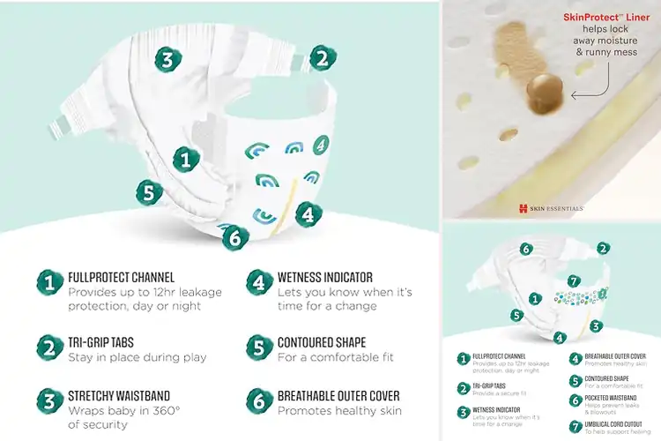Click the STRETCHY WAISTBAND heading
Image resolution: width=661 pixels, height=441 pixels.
pyautogui.click(x=119, y=395)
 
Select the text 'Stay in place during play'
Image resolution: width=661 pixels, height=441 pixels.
pyautogui.click(x=137, y=357)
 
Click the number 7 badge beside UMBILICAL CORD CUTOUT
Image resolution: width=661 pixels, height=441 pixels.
pyautogui.click(x=575, y=426)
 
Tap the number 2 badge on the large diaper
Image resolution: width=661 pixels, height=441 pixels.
pyautogui.click(x=323, y=58)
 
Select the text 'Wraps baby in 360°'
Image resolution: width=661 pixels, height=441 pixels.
pyautogui.click(x=124, y=410)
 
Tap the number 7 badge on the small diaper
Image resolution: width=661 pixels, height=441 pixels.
pyautogui.click(x=573, y=280)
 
